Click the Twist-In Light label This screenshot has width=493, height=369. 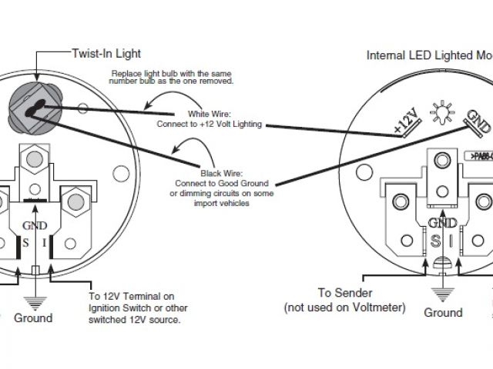106,54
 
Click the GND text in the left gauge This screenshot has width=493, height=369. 35,226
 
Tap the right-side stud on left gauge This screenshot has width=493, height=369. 75,201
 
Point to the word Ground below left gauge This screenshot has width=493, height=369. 33,317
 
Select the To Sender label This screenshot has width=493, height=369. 346,293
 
